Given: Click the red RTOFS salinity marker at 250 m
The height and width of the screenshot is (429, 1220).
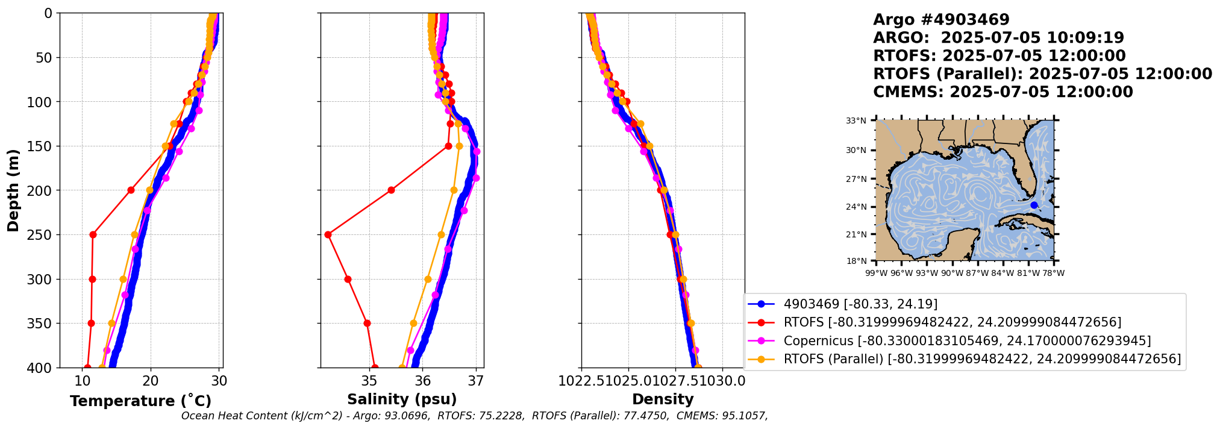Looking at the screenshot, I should tap(328, 234).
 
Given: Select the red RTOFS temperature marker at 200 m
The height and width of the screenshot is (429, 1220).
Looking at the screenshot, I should tap(131, 190).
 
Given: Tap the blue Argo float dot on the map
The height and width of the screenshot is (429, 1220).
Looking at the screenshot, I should tap(1034, 205).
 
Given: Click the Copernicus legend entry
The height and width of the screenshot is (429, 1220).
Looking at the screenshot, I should tap(966, 340).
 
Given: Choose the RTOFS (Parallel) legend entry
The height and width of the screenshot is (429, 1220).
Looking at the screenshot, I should tap(981, 359).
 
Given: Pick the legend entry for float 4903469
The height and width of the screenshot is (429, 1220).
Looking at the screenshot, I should tap(860, 304).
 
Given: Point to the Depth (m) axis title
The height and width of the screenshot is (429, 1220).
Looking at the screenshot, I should tap(13, 190).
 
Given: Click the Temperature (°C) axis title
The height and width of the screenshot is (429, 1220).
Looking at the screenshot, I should tap(140, 401).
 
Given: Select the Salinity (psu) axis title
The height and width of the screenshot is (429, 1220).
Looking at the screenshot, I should tap(402, 399).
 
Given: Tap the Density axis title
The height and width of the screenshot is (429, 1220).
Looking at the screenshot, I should tap(663, 399).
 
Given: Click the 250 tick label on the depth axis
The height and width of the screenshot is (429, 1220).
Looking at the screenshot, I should tap(43, 235).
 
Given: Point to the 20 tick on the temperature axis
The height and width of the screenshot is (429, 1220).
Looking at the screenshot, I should tap(151, 381).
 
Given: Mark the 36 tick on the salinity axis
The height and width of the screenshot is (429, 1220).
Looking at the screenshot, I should tap(422, 381).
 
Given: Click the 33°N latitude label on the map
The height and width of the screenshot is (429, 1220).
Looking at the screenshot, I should tap(856, 121).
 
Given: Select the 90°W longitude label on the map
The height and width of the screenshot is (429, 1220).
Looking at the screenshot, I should tap(952, 273).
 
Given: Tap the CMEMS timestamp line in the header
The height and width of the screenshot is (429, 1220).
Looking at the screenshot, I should tap(1003, 92).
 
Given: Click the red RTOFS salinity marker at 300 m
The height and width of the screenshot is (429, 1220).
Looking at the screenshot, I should tap(348, 279).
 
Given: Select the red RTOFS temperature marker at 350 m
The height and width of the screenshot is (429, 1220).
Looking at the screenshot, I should tap(91, 323).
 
